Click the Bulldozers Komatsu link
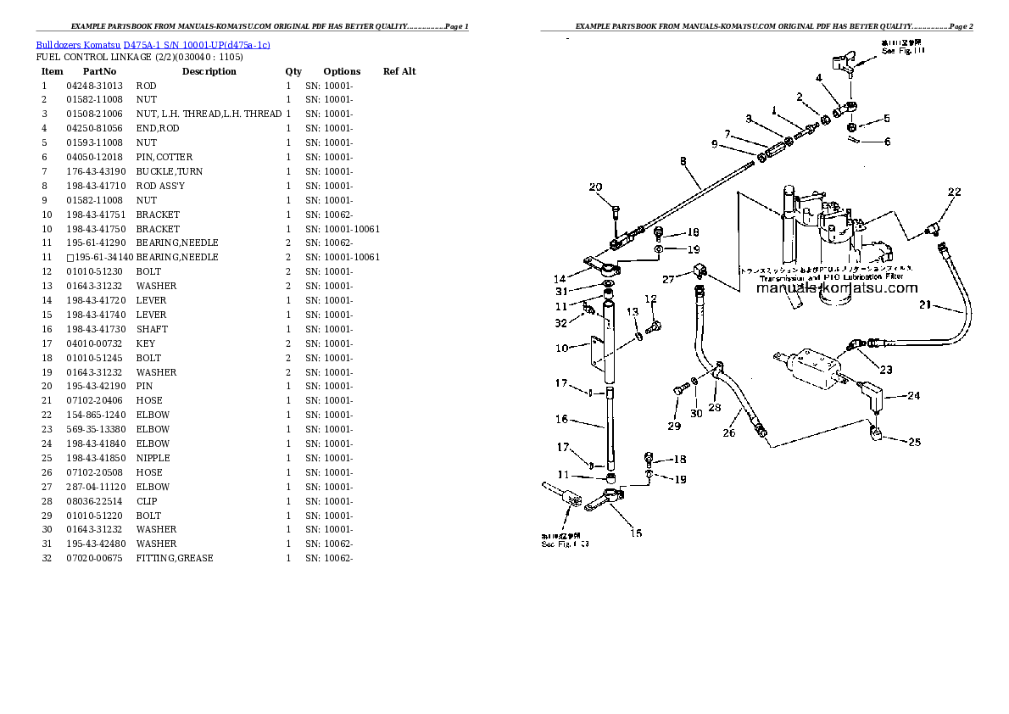pyautogui.click(x=78, y=44)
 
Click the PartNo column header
pyautogui.click(x=99, y=71)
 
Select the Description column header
pyautogui.click(x=209, y=71)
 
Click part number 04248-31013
pyautogui.click(x=94, y=86)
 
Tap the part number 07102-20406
pyautogui.click(x=94, y=400)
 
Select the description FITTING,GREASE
pyautogui.click(x=175, y=558)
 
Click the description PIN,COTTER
pyautogui.click(x=164, y=157)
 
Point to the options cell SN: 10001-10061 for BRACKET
pyautogui.click(x=343, y=229)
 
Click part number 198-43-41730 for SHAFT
pyautogui.click(x=94, y=329)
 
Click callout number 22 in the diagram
pyautogui.click(x=954, y=192)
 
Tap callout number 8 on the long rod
pyautogui.click(x=683, y=160)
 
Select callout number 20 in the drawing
pyautogui.click(x=596, y=187)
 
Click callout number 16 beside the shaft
pyautogui.click(x=561, y=419)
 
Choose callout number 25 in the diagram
pyautogui.click(x=912, y=441)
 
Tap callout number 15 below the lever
pyautogui.click(x=635, y=533)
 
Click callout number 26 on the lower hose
pyautogui.click(x=728, y=433)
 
